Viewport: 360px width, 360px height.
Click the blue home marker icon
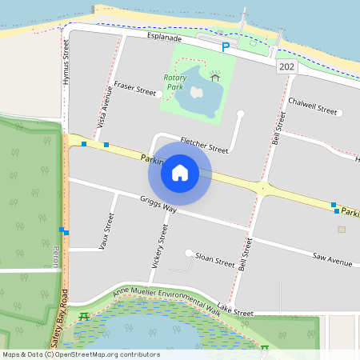pos(180,172)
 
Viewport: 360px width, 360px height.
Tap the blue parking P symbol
pos(226,47)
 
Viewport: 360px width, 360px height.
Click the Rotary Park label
pos(175,82)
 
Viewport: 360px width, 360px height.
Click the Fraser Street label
pos(134,91)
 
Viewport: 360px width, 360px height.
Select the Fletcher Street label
pos(204,144)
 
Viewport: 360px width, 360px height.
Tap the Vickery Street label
pos(158,247)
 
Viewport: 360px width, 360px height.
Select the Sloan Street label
pos(215,260)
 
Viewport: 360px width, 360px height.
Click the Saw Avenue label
pos(333,260)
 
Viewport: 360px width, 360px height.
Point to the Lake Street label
pos(235,310)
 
